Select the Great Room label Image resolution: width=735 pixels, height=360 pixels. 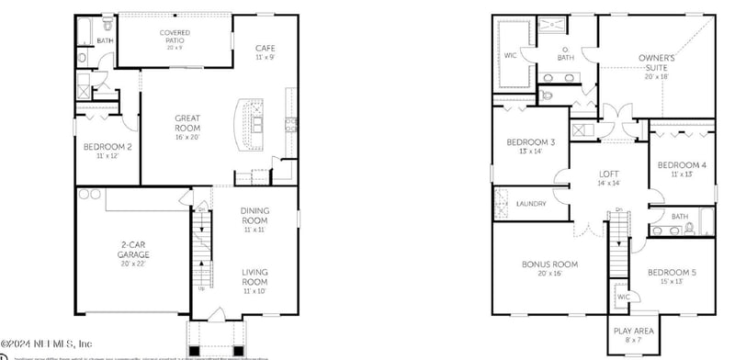pyautogui.click(x=187, y=123)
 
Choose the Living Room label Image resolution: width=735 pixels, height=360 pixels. pyautogui.click(x=254, y=277)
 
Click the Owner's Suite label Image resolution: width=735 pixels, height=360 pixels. pyautogui.click(x=657, y=62)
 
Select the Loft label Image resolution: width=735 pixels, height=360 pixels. pyautogui.click(x=610, y=174)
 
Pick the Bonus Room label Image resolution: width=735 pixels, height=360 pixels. pyautogui.click(x=549, y=264)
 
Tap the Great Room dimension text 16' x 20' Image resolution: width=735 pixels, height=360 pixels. pyautogui.click(x=187, y=138)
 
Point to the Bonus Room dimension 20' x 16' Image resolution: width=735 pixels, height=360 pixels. pyautogui.click(x=549, y=274)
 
